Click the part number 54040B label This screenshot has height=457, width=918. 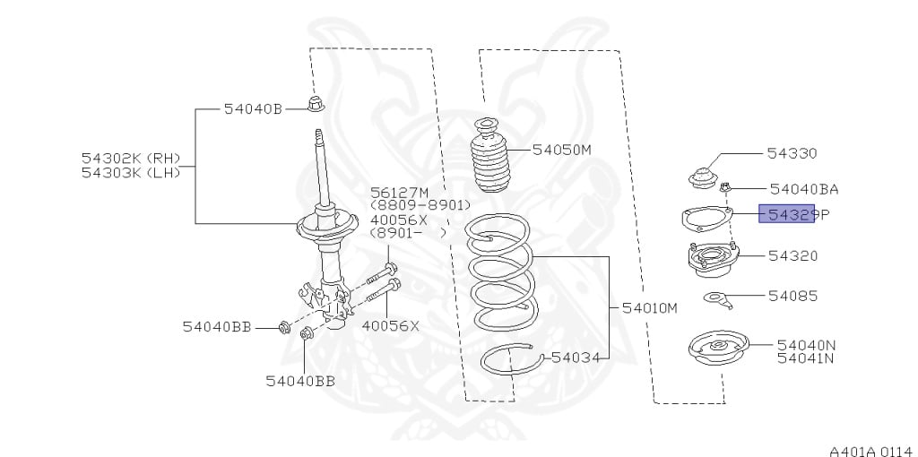253,108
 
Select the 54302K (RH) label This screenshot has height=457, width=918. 131,158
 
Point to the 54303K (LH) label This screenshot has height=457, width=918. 131,173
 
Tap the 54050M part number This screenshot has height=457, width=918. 561,150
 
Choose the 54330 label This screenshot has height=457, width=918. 792,153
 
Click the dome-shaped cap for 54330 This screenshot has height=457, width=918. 701,178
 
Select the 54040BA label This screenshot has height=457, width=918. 804,189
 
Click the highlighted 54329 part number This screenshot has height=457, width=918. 787,214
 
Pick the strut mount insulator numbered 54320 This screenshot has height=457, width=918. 713,260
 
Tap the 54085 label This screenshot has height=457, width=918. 792,296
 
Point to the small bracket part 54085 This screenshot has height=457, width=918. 718,299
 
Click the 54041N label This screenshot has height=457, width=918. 805,358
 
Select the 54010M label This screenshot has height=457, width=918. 649,307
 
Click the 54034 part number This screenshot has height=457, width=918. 576,357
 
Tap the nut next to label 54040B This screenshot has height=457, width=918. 316,104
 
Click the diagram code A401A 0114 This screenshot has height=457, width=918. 870,451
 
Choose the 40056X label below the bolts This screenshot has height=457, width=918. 391,326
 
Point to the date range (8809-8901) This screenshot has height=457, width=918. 420,205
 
